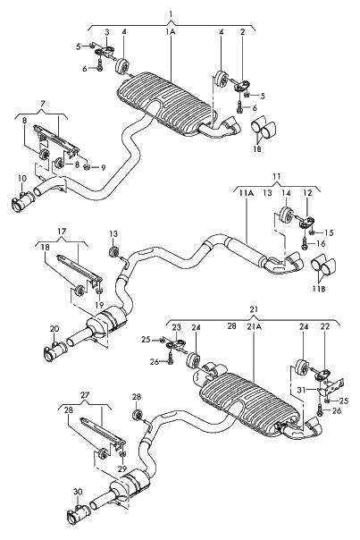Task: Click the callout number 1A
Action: pyautogui.click(x=171, y=32)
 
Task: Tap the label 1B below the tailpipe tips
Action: pyautogui.click(x=257, y=148)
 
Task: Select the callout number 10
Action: pyautogui.click(x=21, y=179)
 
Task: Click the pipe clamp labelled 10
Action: pyautogui.click(x=23, y=202)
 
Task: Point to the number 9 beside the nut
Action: pyautogui.click(x=104, y=168)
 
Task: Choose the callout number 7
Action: pyautogui.click(x=42, y=103)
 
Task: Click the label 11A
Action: pyautogui.click(x=246, y=193)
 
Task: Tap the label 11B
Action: pyautogui.click(x=319, y=289)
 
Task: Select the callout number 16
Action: pyautogui.click(x=321, y=244)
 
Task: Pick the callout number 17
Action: pyautogui.click(x=62, y=232)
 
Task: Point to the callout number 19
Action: pyautogui.click(x=99, y=305)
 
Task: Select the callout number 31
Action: pyautogui.click(x=302, y=390)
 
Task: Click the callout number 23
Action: pyautogui.click(x=176, y=327)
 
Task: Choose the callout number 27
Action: pyautogui.click(x=85, y=395)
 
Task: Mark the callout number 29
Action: pyautogui.click(x=122, y=469)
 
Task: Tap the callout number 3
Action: pyautogui.click(x=107, y=33)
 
